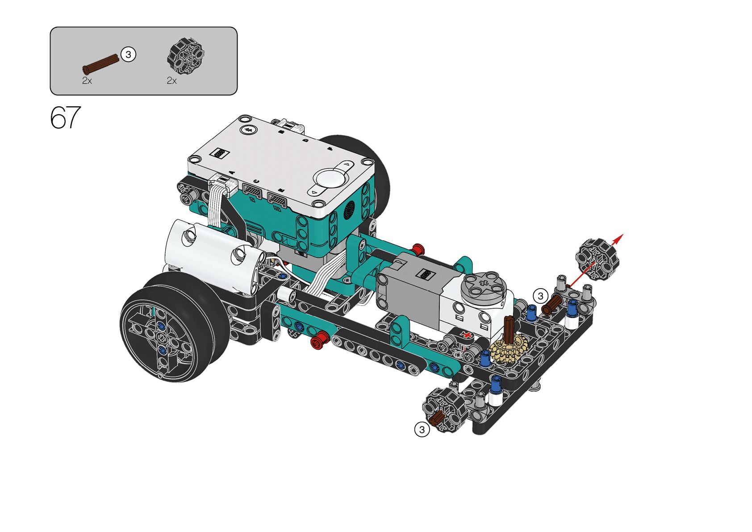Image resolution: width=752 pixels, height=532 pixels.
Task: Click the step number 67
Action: (66, 117)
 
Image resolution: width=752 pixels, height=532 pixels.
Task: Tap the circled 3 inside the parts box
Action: (128, 54)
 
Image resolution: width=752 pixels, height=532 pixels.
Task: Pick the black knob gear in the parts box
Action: (186, 56)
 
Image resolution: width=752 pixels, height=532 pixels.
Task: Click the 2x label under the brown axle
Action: (87, 80)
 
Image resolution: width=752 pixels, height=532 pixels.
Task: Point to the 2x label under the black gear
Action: (171, 80)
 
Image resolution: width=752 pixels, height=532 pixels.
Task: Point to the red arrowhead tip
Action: (623, 234)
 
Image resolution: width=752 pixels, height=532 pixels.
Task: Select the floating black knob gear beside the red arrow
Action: (597, 260)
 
